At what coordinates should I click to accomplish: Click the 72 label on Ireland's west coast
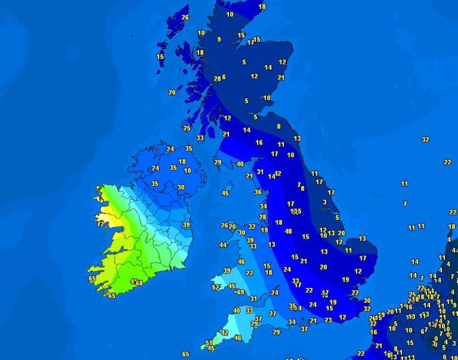(x=101, y=224)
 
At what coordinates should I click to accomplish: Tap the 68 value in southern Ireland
(x=139, y=283)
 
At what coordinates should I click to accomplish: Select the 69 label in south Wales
(x=240, y=292)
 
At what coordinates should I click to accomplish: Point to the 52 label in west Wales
(x=216, y=287)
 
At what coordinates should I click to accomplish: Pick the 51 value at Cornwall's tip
(x=208, y=343)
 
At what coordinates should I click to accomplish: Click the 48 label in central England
(x=289, y=232)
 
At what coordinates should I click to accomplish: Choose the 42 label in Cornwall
(x=224, y=333)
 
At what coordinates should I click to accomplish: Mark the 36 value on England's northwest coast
(x=258, y=192)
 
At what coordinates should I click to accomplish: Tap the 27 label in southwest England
(x=273, y=314)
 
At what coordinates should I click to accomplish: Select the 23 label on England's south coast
(x=328, y=321)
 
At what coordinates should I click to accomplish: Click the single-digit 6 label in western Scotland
(x=224, y=77)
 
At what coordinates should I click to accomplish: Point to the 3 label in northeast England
(x=325, y=202)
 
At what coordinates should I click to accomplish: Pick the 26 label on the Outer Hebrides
(x=185, y=17)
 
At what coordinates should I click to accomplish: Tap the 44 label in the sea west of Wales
(x=223, y=246)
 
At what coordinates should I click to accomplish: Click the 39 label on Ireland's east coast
(x=186, y=225)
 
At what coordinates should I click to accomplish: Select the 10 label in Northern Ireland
(x=187, y=171)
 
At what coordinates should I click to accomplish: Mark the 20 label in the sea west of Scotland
(x=172, y=92)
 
